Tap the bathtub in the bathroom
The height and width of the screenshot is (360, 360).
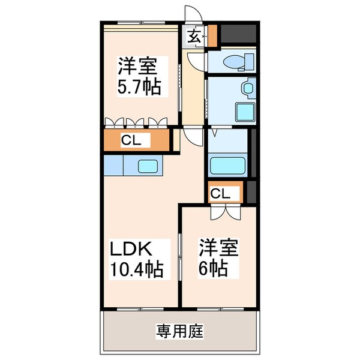tap(228, 164)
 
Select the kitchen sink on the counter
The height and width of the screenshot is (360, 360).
tap(149, 166)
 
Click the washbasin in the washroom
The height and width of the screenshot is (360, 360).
tap(248, 89)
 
